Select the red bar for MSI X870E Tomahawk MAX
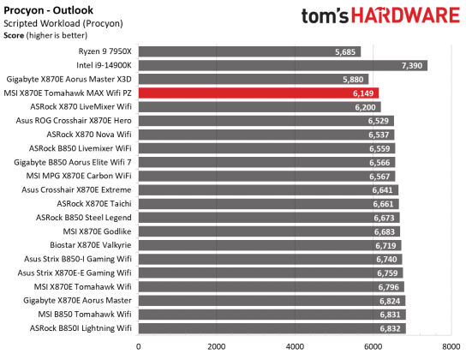258,93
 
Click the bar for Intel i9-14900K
282,65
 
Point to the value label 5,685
345,51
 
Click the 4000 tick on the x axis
295,347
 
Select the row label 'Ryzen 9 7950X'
103,51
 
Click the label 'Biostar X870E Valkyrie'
88,245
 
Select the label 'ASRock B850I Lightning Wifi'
80,328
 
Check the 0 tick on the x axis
139,347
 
